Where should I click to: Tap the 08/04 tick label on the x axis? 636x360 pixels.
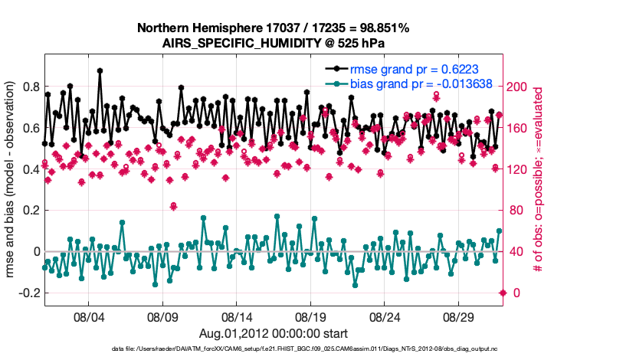click(88, 316)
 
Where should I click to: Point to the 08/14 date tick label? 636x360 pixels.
click(237, 316)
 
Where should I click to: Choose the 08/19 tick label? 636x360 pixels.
click(311, 316)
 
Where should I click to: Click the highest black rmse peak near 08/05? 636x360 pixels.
click(100, 70)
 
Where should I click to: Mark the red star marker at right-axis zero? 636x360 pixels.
click(503, 293)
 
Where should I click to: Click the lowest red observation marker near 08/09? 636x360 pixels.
click(174, 206)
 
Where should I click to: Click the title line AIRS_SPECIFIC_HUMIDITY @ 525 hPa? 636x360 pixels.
click(274, 43)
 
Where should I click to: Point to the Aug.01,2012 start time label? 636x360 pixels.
click(274, 333)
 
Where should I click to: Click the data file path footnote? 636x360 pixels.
click(306, 350)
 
